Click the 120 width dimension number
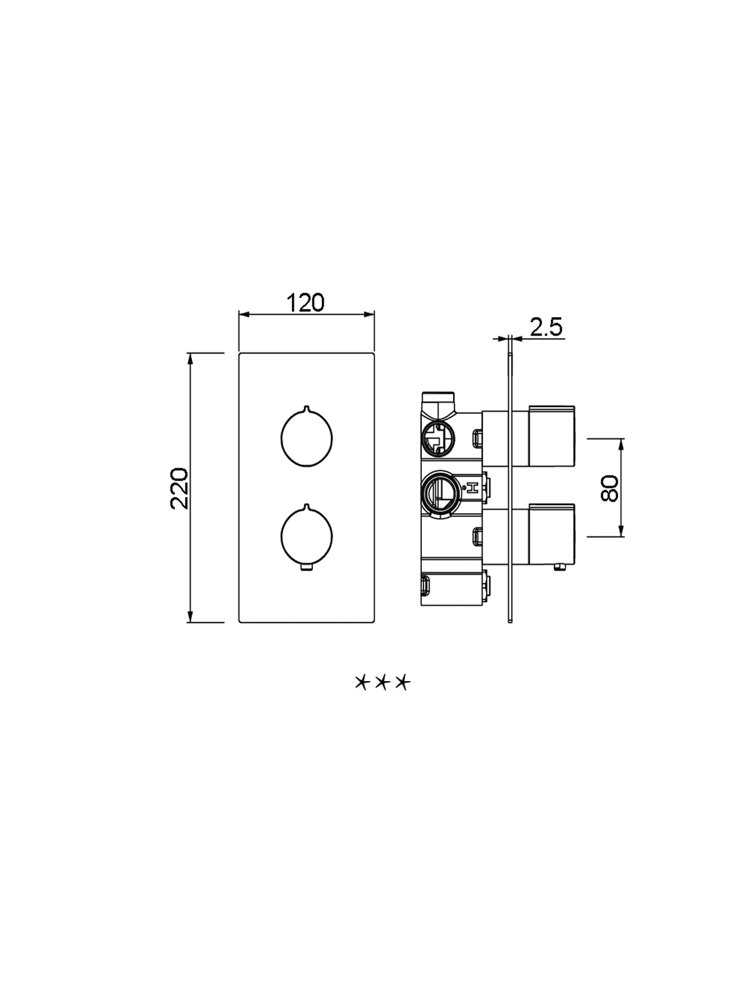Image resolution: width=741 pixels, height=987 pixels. click(x=306, y=303)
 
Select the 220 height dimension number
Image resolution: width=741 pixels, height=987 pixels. click(x=179, y=489)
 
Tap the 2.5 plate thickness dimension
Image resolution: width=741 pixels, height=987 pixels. click(x=546, y=327)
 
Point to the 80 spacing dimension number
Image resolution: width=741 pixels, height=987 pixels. click(x=609, y=489)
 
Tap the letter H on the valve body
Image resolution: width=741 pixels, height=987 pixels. click(x=472, y=489)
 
